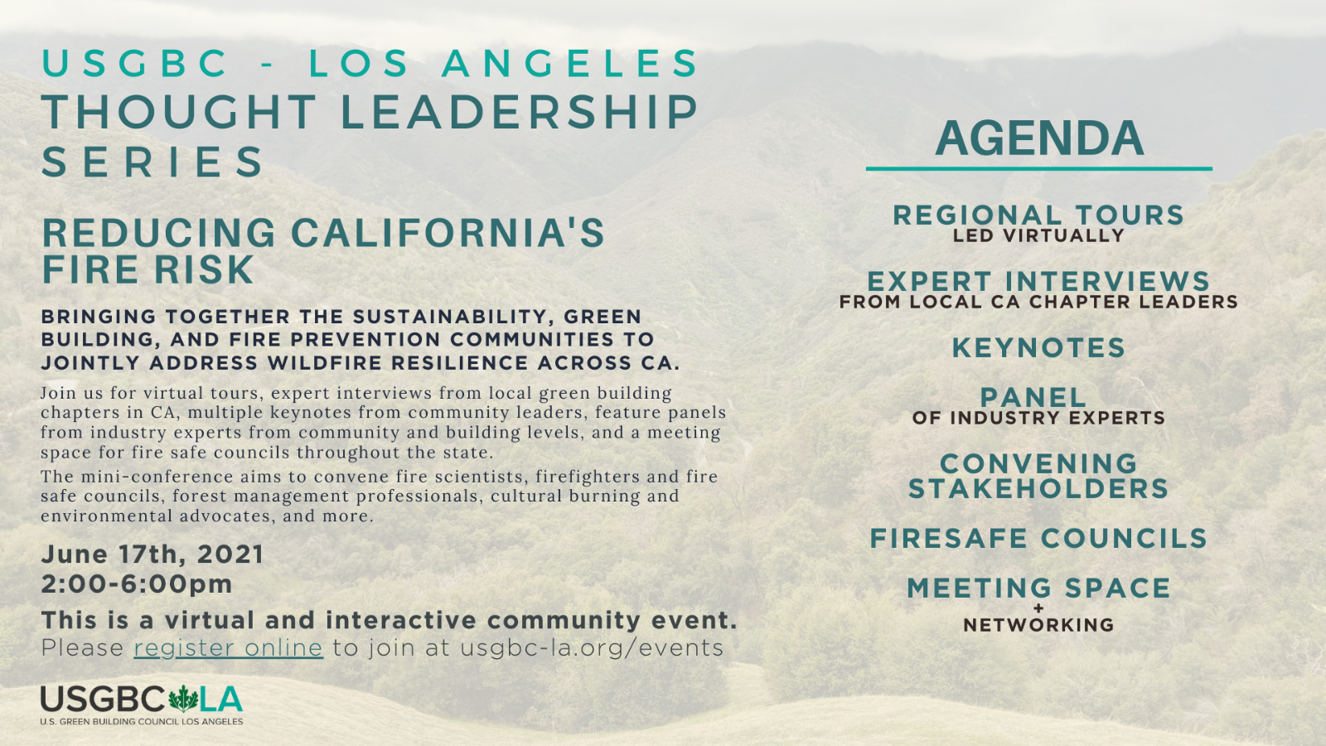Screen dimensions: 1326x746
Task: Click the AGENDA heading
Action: click(1039, 138)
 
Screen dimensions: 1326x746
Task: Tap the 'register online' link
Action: click(229, 647)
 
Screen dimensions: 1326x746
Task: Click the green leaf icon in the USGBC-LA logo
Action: click(183, 700)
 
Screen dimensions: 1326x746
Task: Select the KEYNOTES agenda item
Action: click(1038, 347)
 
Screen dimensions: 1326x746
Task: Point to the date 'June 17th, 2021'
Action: click(152, 555)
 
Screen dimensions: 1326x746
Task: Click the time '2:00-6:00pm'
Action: click(137, 584)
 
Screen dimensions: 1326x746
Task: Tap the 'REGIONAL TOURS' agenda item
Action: click(1038, 215)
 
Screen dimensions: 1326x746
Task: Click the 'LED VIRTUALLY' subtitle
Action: click(1038, 235)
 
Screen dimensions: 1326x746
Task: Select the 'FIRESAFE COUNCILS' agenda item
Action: click(1038, 538)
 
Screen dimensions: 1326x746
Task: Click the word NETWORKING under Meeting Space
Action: click(1038, 625)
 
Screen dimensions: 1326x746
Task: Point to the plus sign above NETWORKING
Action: click(1038, 608)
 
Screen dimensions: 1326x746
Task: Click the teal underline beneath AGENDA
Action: click(1039, 169)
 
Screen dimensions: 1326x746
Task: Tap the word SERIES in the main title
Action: click(152, 162)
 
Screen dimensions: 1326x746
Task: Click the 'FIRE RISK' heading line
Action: click(148, 270)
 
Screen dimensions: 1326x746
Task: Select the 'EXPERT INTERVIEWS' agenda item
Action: click(1038, 281)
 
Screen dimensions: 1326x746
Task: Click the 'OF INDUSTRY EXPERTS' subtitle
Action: click(1038, 418)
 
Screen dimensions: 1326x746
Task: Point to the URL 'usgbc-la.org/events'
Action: click(592, 647)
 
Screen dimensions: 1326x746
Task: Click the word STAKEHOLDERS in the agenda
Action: click(1038, 489)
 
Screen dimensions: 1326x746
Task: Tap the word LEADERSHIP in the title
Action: click(520, 112)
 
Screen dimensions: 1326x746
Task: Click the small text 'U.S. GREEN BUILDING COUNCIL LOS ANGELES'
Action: click(142, 722)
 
